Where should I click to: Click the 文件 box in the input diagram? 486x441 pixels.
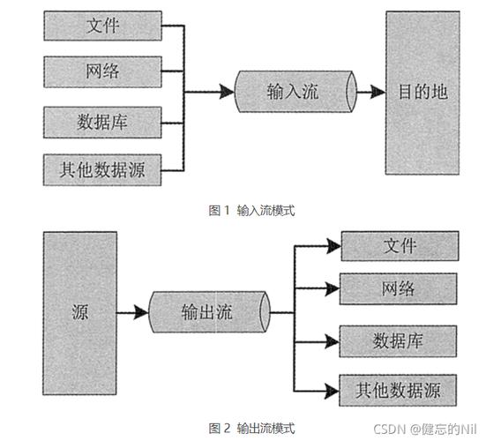(x=104, y=26)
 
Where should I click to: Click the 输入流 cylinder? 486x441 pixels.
(x=294, y=92)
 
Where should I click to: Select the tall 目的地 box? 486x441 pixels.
(x=423, y=93)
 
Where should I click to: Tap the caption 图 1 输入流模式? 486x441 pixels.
(x=250, y=210)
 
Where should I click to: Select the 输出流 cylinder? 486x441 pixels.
(x=208, y=312)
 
